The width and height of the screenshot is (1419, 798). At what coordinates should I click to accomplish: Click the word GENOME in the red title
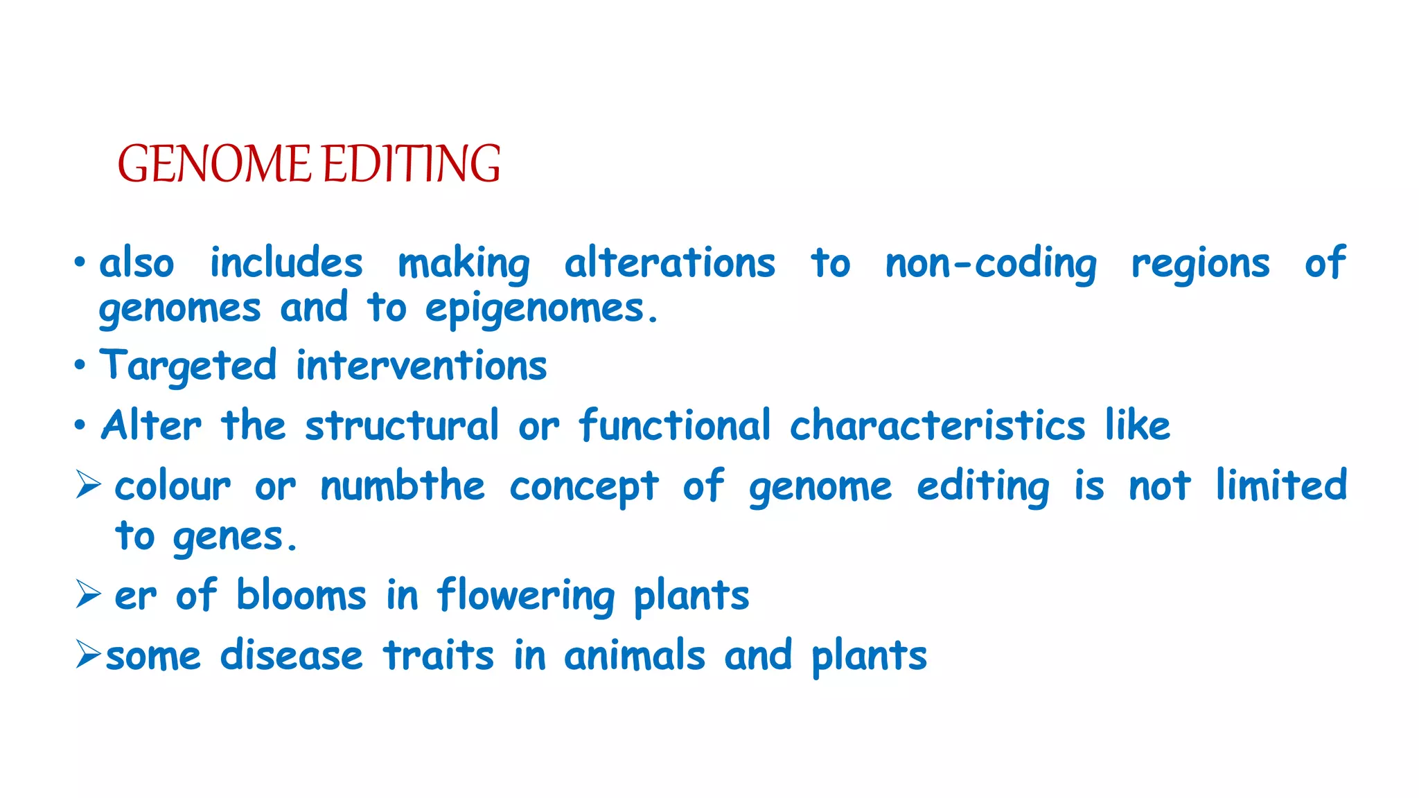(214, 164)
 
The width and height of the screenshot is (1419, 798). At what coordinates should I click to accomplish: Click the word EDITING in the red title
(412, 164)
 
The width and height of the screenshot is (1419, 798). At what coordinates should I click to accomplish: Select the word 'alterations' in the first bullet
(669, 263)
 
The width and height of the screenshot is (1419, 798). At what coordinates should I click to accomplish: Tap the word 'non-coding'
(991, 265)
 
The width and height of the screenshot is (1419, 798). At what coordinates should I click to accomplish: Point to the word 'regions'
(1200, 265)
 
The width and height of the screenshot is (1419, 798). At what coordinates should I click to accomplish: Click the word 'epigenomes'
(535, 310)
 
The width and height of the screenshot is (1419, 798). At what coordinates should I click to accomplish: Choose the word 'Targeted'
(188, 366)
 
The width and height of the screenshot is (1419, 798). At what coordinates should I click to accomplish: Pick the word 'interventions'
(421, 366)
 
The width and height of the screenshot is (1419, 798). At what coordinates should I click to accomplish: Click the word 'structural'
(402, 425)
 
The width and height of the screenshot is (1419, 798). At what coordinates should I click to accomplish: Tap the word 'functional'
(675, 425)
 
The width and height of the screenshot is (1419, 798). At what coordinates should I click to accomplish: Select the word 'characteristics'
(937, 425)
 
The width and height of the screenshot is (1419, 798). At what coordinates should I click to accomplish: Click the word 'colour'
(173, 486)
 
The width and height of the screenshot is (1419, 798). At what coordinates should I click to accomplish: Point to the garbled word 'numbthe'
(402, 486)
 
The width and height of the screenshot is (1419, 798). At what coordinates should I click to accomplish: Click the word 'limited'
(1281, 485)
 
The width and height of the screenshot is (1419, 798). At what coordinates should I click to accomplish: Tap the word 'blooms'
(301, 596)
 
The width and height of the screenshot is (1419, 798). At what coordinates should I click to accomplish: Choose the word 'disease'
(291, 655)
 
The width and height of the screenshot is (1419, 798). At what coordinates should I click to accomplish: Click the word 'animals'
(634, 655)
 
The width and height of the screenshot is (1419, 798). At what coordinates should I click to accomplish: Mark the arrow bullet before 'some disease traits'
(89, 654)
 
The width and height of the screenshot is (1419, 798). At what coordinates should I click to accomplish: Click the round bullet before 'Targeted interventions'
(80, 365)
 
